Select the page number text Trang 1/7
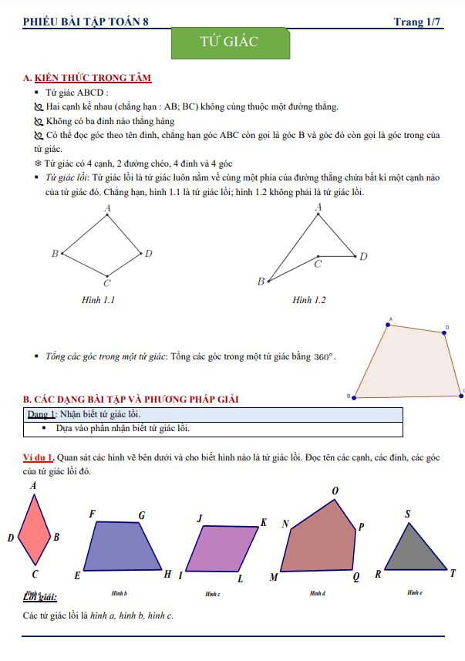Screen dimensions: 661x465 [x=417, y=22]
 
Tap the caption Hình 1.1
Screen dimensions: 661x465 [x=98, y=300]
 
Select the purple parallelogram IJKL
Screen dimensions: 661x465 [x=221, y=548]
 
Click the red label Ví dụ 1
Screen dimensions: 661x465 [x=39, y=457]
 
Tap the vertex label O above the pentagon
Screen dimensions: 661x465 [x=335, y=491]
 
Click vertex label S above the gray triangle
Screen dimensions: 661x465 [x=408, y=514]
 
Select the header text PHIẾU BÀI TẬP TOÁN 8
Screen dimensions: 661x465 [x=86, y=22]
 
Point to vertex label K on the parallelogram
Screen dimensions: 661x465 [x=264, y=522]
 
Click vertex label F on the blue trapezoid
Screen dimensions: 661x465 [x=93, y=514]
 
